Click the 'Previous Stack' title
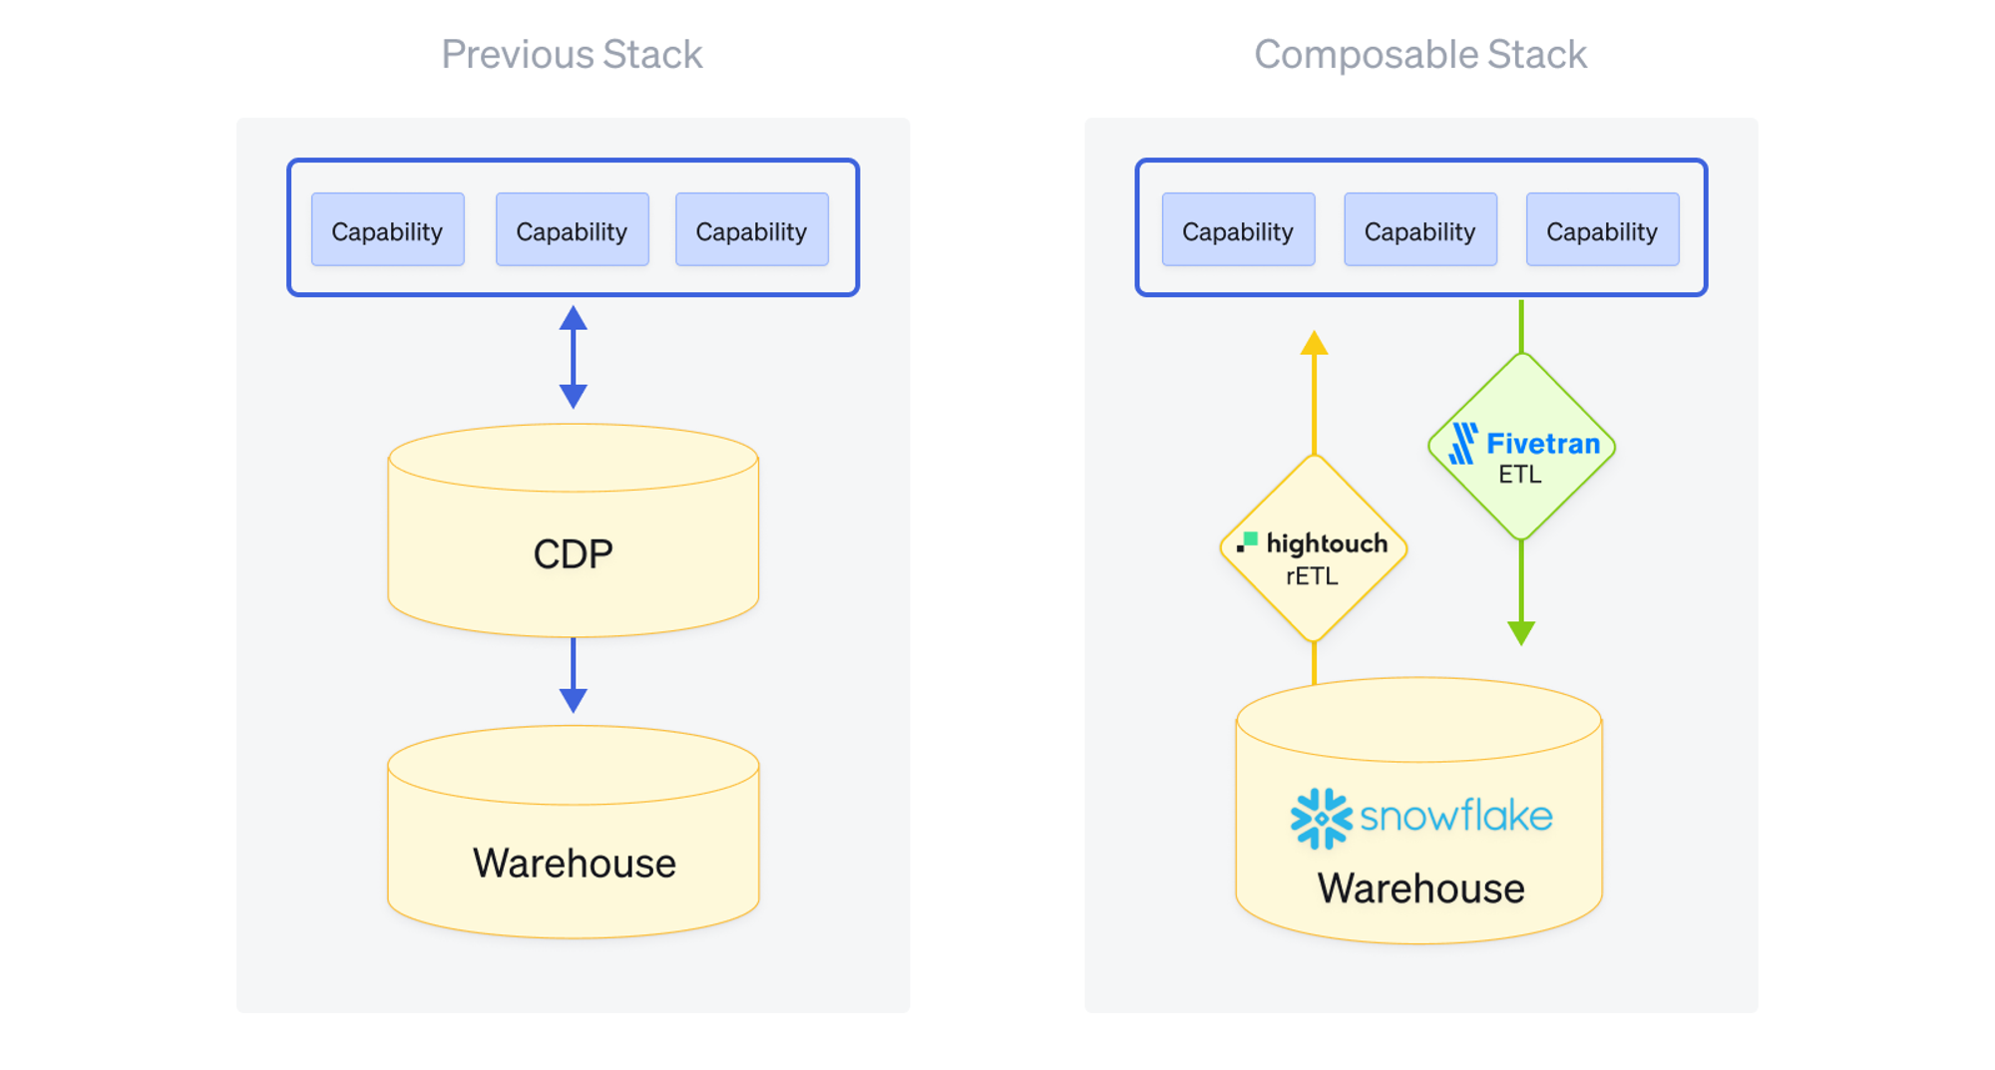click(572, 54)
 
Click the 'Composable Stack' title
click(1419, 54)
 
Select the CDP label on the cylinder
click(573, 553)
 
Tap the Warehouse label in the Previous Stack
click(574, 863)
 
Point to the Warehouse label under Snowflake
click(1420, 888)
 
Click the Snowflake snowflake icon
click(1321, 819)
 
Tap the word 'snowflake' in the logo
click(1456, 816)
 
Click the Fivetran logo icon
click(1463, 444)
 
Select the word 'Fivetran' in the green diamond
click(1543, 444)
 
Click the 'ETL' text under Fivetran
click(1520, 475)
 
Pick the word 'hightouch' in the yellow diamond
click(1327, 543)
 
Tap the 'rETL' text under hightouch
click(1312, 576)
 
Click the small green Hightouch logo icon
click(1248, 542)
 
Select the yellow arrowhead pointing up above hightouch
click(1314, 344)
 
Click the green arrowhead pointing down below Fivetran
click(1520, 632)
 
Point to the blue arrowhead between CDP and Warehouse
click(573, 699)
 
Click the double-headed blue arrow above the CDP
click(573, 357)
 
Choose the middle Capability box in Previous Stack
click(572, 230)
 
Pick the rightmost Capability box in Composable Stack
click(1602, 230)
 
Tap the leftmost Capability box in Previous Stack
click(387, 230)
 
